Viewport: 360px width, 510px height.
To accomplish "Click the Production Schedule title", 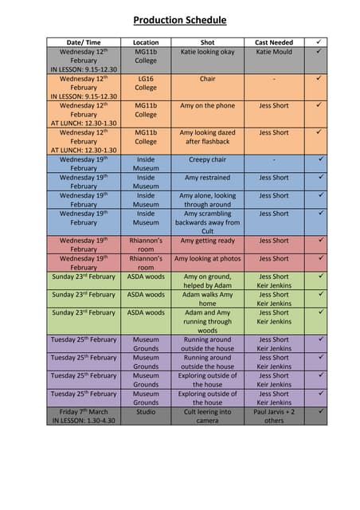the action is click(x=179, y=21).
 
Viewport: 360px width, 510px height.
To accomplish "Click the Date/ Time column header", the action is click(x=84, y=42).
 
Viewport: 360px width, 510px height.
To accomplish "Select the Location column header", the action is click(x=146, y=42).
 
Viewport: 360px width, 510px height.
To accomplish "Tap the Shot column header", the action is click(x=207, y=42).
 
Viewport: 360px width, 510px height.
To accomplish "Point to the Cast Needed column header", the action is click(x=273, y=42).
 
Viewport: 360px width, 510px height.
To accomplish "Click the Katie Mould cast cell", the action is click(x=273, y=52).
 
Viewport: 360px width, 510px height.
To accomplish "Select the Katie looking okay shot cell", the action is click(x=207, y=52).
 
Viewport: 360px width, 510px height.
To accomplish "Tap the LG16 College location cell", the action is click(x=146, y=83).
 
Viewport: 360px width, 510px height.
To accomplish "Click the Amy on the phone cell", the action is click(x=207, y=105).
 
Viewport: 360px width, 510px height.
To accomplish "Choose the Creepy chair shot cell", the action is click(x=207, y=159).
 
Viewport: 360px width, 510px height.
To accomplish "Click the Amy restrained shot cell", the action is click(x=207, y=178).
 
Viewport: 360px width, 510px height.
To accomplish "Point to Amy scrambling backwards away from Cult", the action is click(x=207, y=222).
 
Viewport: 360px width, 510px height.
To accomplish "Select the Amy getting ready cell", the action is click(x=207, y=241).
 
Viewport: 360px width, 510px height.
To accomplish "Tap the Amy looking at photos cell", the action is click(x=207, y=259).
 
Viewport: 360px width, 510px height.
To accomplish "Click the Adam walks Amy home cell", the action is click(x=207, y=299).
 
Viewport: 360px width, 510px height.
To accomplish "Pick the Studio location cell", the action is click(x=146, y=412).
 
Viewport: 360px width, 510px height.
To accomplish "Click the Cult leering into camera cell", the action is click(x=207, y=416).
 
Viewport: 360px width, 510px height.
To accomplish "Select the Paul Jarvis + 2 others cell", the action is click(x=273, y=416).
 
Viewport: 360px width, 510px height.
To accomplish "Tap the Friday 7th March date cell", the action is click(x=84, y=412).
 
